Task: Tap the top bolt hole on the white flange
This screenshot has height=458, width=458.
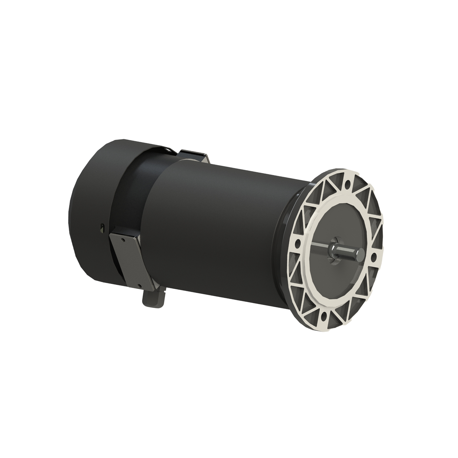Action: tap(348, 183)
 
